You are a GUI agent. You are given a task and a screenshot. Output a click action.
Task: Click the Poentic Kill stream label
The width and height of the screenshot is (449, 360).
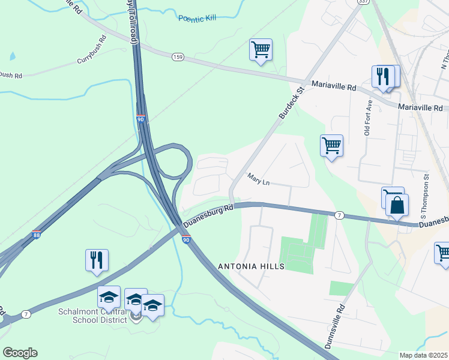coord(197,19)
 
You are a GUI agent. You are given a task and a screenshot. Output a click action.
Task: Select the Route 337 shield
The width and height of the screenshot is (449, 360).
coord(361,2)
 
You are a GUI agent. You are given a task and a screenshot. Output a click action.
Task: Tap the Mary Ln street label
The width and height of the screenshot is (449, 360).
coord(259,179)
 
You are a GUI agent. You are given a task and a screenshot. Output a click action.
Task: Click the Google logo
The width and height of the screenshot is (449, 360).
coord(20,353)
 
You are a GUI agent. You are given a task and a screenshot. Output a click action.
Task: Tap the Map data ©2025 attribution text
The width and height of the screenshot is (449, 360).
coord(423,355)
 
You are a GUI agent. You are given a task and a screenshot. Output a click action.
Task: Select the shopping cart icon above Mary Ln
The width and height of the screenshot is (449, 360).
coord(331,145)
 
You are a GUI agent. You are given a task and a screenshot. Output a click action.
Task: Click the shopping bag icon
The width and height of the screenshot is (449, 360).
coord(397,205)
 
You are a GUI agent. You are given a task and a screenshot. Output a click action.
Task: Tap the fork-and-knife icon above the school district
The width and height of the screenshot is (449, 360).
coord(97,260)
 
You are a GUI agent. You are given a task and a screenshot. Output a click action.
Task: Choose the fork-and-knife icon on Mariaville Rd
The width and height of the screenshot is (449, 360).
coord(382,76)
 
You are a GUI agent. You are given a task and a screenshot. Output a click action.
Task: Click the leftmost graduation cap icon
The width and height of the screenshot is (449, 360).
coord(109,297)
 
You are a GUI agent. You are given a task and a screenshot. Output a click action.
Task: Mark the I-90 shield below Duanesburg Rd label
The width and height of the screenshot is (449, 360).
coord(186,239)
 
